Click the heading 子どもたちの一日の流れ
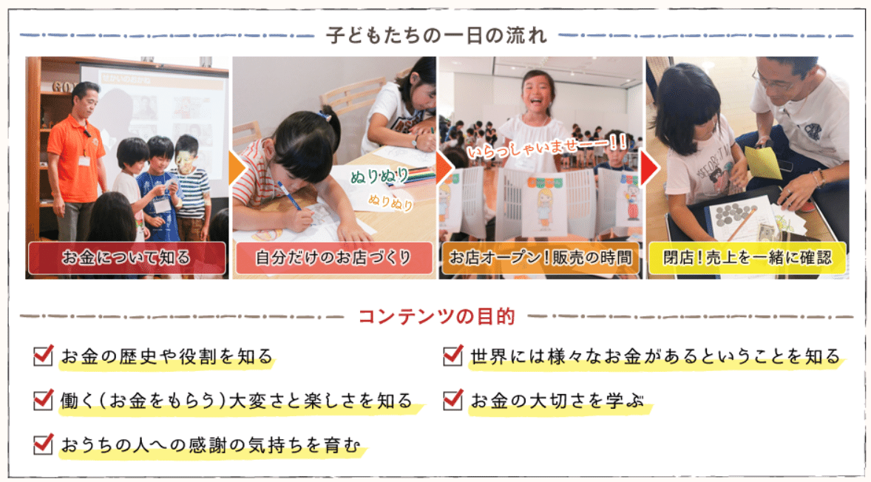437,35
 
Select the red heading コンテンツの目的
437,316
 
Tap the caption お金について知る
126,258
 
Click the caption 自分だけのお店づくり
334,258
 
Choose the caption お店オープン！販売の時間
540,258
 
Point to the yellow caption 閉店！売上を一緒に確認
747,258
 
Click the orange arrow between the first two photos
237,169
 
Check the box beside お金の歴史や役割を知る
44,355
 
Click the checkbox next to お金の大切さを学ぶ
453,399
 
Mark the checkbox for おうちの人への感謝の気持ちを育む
44,444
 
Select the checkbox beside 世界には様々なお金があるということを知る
453,355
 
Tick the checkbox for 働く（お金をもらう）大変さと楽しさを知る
44,399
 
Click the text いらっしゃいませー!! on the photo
547,146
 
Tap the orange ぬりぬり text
390,202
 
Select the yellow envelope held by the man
763,162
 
